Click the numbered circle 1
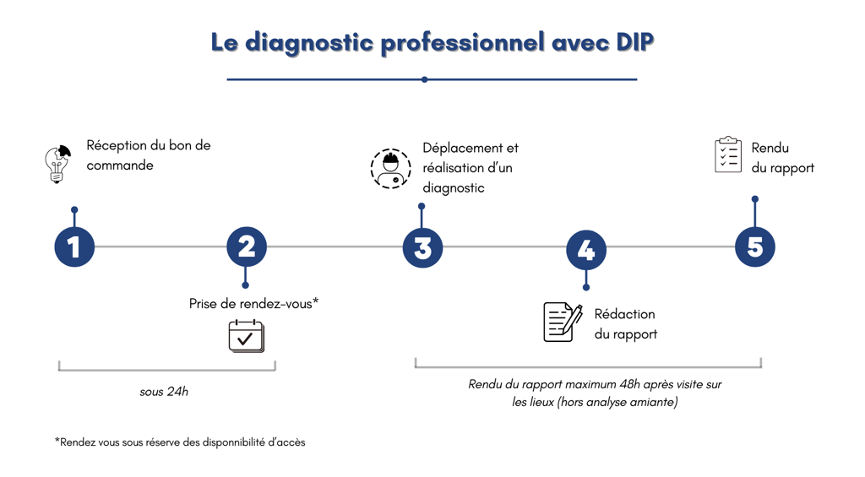[74, 247]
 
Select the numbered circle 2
[247, 247]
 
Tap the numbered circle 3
[422, 248]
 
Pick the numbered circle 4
[586, 251]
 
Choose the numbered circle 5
[754, 247]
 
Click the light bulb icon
[57, 164]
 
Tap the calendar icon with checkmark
[246, 336]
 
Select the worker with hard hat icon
[390, 168]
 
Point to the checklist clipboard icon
[728, 155]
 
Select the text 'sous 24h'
[164, 392]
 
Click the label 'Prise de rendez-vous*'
[253, 303]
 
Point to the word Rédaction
[624, 314]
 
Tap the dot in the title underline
[424, 79]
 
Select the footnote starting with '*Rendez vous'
[180, 442]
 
